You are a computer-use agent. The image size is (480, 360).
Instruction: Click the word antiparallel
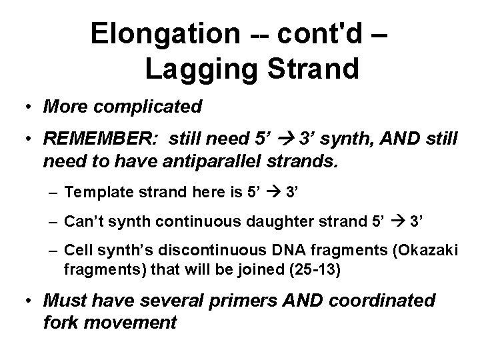tap(216, 160)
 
